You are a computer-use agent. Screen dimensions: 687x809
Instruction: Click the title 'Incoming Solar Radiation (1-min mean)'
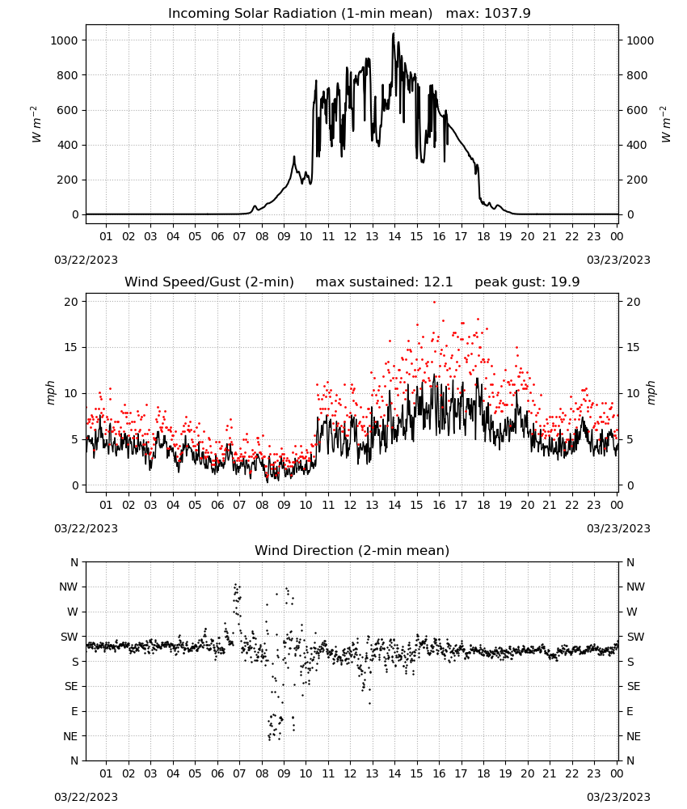click(x=300, y=14)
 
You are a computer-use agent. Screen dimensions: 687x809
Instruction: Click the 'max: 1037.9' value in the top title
click(x=488, y=14)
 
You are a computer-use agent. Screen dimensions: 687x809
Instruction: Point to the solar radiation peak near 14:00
click(x=394, y=34)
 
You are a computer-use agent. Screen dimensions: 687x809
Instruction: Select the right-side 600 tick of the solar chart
click(x=637, y=110)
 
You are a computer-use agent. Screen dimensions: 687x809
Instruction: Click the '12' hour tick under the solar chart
click(x=350, y=237)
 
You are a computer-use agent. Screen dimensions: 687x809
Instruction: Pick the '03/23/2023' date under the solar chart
click(x=618, y=260)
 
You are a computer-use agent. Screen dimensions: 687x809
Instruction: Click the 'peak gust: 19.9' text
click(x=527, y=282)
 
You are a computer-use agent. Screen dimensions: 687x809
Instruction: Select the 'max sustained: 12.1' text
click(x=384, y=282)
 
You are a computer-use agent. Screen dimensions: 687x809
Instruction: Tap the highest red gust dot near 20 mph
click(x=435, y=302)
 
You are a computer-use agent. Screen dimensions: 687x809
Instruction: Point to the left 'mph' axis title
click(x=50, y=392)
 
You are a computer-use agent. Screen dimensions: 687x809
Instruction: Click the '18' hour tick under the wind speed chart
click(x=483, y=505)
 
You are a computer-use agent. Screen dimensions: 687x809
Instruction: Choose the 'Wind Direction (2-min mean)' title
click(x=352, y=550)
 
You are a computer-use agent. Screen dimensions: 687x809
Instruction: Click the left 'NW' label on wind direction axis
click(x=69, y=587)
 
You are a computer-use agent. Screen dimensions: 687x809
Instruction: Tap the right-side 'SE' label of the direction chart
click(x=634, y=687)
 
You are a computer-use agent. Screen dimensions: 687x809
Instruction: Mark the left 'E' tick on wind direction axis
click(x=74, y=711)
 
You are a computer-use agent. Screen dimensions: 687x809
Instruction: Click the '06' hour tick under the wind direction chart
click(x=217, y=774)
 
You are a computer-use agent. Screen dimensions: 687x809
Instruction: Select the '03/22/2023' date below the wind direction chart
click(x=86, y=797)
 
